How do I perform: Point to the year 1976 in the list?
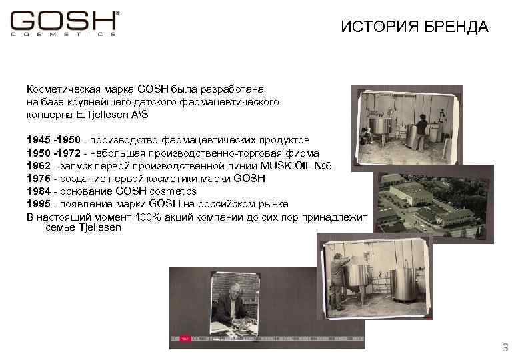[x=39, y=178]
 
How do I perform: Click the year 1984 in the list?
[x=39, y=191]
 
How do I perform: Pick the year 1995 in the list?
[x=39, y=204]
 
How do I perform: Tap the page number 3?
[x=505, y=347]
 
